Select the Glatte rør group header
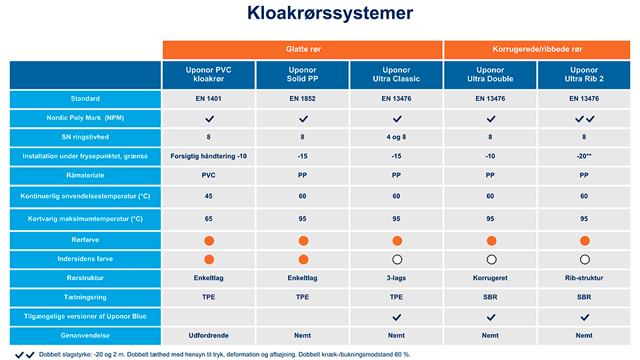pyautogui.click(x=303, y=49)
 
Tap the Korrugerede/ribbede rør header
pyautogui.click(x=537, y=49)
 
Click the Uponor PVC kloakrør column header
pyautogui.click(x=209, y=74)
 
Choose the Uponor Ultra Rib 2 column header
pyautogui.click(x=584, y=74)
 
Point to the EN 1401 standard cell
pyautogui.click(x=209, y=99)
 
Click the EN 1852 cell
pyautogui.click(x=303, y=99)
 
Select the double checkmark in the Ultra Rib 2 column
pyautogui.click(x=584, y=119)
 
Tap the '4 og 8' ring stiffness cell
pyautogui.click(x=397, y=138)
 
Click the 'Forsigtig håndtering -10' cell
pyautogui.click(x=209, y=157)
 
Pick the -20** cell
pyautogui.click(x=584, y=157)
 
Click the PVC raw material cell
pyautogui.click(x=209, y=175)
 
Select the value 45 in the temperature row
pyautogui.click(x=209, y=197)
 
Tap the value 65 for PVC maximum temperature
pyautogui.click(x=209, y=219)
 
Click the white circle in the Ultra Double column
pyautogui.click(x=491, y=259)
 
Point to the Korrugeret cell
pyautogui.click(x=491, y=278)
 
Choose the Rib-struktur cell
pyautogui.click(x=584, y=278)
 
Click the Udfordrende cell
pyautogui.click(x=209, y=335)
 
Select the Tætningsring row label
pyautogui.click(x=85, y=297)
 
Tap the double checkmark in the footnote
pyautogui.click(x=25, y=355)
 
